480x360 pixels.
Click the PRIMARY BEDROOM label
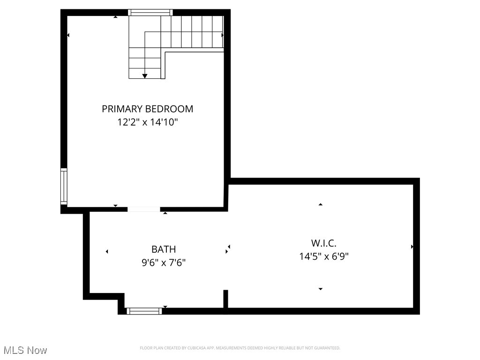click(x=147, y=109)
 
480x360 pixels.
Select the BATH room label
click(x=164, y=249)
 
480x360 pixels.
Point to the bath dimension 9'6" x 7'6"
click(x=164, y=262)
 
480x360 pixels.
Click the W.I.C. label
click(x=324, y=243)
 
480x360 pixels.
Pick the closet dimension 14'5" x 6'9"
click(x=324, y=256)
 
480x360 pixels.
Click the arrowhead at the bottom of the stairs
click(x=145, y=75)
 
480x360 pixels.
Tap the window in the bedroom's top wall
click(x=150, y=13)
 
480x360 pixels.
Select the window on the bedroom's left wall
click(x=64, y=186)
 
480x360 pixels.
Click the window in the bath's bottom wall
click(x=144, y=311)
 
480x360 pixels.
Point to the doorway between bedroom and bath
click(x=144, y=209)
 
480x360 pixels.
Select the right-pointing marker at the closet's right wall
click(x=412, y=247)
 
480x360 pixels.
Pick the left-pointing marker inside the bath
click(x=107, y=252)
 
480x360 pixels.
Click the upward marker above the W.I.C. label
click(x=321, y=204)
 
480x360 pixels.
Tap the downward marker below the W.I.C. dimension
click(x=321, y=289)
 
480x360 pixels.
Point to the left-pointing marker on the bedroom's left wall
click(x=68, y=35)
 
